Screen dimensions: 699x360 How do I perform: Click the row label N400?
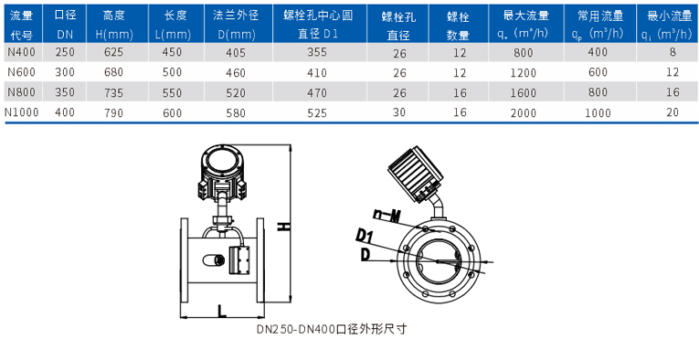pos(21,53)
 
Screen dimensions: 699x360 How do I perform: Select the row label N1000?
pos(21,112)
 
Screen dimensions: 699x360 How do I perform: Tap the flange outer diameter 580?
pos(236,112)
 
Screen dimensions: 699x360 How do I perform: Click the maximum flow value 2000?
pos(524,112)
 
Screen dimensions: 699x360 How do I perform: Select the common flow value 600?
pos(598,72)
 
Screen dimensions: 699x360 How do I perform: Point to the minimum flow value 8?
pos(673,53)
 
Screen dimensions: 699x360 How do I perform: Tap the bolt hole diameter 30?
pos(399,112)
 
